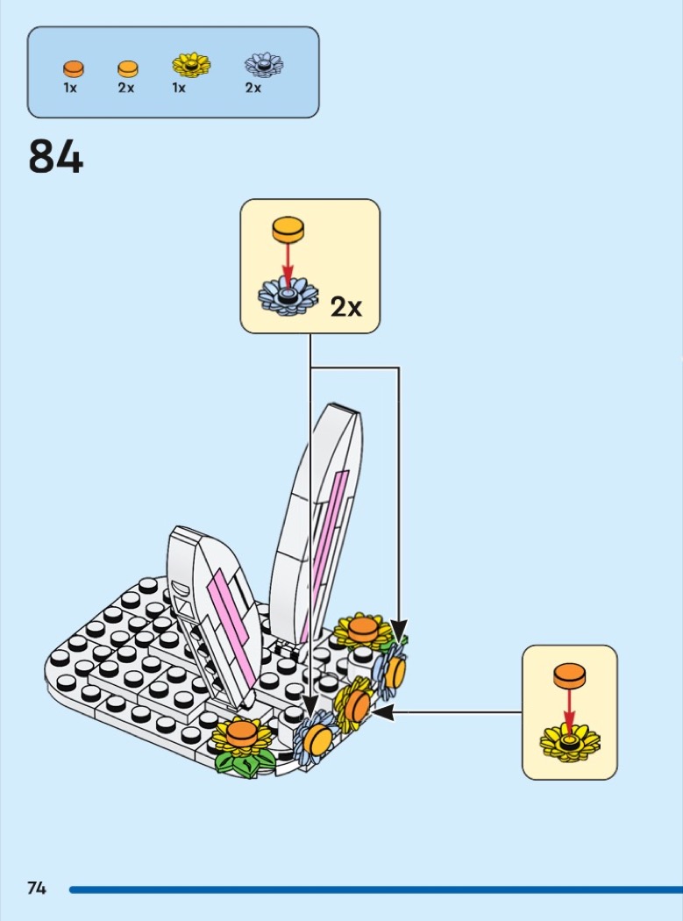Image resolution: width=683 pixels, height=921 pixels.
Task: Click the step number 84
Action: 56,156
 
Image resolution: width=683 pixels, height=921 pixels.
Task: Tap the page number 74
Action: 37,888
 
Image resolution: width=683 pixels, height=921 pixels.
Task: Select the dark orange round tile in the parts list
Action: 74,69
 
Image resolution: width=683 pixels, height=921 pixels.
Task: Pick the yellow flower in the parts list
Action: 191,65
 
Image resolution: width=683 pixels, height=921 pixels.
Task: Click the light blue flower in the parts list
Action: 264,65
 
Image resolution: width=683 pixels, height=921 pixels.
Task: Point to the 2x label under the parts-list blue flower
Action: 253,88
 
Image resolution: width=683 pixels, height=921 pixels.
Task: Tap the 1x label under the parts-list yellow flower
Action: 179,88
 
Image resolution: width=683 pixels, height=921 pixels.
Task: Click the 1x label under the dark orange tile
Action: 70,88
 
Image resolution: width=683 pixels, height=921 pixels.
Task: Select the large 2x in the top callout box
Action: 346,307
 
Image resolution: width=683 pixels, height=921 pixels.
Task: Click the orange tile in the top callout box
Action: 288,229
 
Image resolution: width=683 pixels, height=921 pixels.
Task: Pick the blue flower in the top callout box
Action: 288,296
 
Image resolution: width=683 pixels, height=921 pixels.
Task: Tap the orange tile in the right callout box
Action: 569,675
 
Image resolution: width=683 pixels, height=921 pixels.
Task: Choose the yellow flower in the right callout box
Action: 570,742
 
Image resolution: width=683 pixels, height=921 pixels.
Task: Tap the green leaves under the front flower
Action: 244,762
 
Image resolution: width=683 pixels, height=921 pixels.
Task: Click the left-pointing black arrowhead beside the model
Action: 381,712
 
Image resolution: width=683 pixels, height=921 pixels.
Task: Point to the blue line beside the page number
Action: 376,890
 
